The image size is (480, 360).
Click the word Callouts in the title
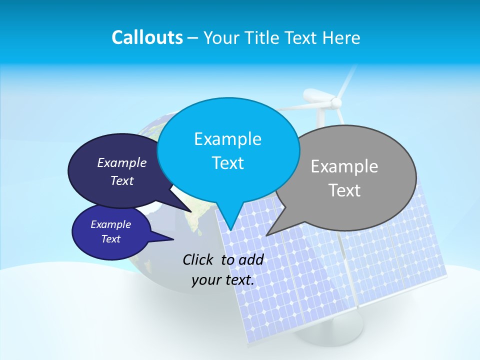[x=147, y=37]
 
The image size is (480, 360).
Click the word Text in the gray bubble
[x=345, y=190]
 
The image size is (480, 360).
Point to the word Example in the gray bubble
[x=344, y=166]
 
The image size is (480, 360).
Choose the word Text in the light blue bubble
[x=227, y=162]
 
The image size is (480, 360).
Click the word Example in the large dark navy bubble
[x=122, y=162]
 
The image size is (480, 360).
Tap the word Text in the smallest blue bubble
[x=110, y=239]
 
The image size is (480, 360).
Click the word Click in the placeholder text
[x=199, y=259]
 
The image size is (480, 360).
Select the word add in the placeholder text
[x=250, y=259]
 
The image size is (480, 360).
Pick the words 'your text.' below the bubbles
[x=223, y=280]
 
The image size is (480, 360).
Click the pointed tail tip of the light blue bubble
[x=230, y=230]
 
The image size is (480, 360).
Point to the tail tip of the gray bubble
[x=267, y=235]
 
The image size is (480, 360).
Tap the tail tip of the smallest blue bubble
[x=173, y=239]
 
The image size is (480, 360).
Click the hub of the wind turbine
[x=336, y=103]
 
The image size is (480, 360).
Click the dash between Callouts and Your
[x=193, y=38]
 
